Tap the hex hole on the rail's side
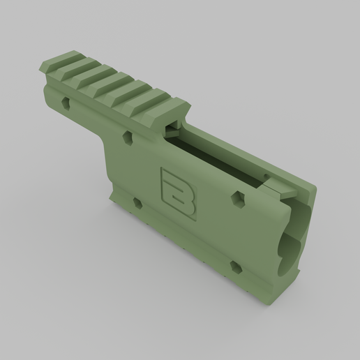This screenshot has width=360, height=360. (x=66, y=103)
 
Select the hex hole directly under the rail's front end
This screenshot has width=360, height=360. (x=127, y=138)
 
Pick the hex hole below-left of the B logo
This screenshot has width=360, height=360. (x=137, y=204)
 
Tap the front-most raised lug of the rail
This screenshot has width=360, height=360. (x=162, y=105)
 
